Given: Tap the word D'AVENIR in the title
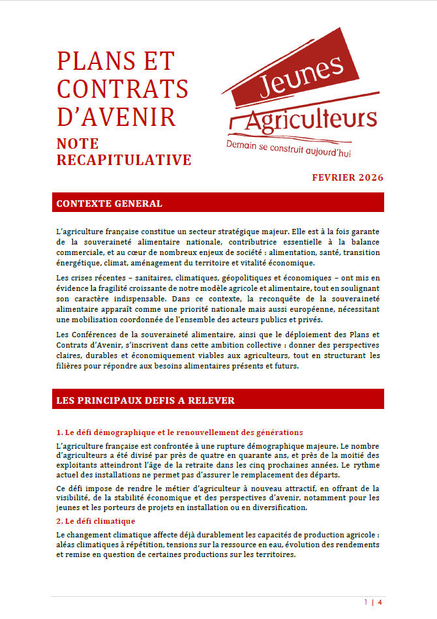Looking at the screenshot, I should (117, 117).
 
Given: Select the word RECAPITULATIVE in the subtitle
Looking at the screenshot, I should (124, 160).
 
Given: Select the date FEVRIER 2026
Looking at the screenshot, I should (348, 177).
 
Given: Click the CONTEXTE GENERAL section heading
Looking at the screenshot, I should (110, 204).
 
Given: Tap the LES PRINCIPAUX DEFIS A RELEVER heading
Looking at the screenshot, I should (145, 400).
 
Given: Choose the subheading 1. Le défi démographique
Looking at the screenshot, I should (179, 432).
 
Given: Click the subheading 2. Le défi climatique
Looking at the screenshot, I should (96, 521).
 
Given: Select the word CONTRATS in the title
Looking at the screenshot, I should (123, 89).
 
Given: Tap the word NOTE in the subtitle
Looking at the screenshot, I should (78, 143).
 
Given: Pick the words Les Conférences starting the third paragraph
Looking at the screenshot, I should (89, 335).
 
